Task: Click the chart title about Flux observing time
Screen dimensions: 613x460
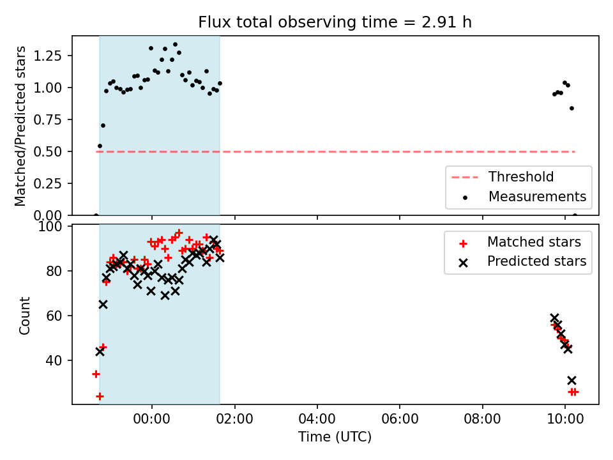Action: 335,22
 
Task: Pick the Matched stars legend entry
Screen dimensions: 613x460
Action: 520,242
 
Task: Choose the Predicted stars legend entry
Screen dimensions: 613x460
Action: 523,261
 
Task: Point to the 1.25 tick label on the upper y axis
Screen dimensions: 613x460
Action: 48,56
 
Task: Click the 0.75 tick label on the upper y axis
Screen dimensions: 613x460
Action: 48,119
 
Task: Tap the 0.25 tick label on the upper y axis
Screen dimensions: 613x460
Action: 48,183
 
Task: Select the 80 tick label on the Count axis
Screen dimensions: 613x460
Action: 54,271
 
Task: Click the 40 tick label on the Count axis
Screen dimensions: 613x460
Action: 54,360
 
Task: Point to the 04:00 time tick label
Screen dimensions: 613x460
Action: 317,419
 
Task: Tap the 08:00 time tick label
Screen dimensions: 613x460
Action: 483,419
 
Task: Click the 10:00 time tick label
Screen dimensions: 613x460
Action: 565,419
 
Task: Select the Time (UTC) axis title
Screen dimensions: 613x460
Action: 335,436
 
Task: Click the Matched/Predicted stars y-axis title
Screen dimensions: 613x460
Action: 20,126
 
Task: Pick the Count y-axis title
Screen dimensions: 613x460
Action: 24,316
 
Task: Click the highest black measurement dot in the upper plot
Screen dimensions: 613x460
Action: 175,45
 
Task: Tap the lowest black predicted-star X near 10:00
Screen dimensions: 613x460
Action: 571,381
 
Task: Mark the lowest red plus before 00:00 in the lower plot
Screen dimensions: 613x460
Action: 100,397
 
